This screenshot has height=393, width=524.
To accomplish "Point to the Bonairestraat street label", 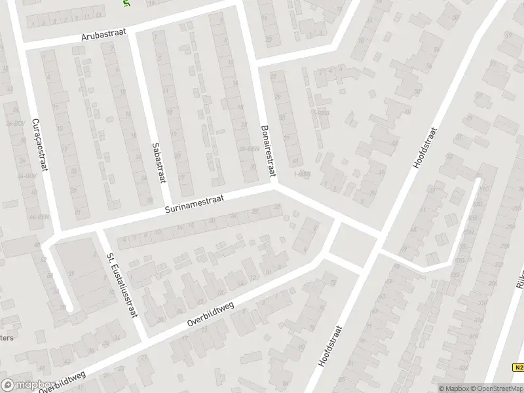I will (269, 151).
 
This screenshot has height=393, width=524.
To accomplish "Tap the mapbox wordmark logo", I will (26, 384).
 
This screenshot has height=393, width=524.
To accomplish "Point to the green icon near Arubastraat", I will (126, 3).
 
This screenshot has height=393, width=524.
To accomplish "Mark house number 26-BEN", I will (246, 149).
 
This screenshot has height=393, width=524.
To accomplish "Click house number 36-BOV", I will (26, 176).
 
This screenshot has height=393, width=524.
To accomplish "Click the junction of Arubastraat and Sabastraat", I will (132, 31).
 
